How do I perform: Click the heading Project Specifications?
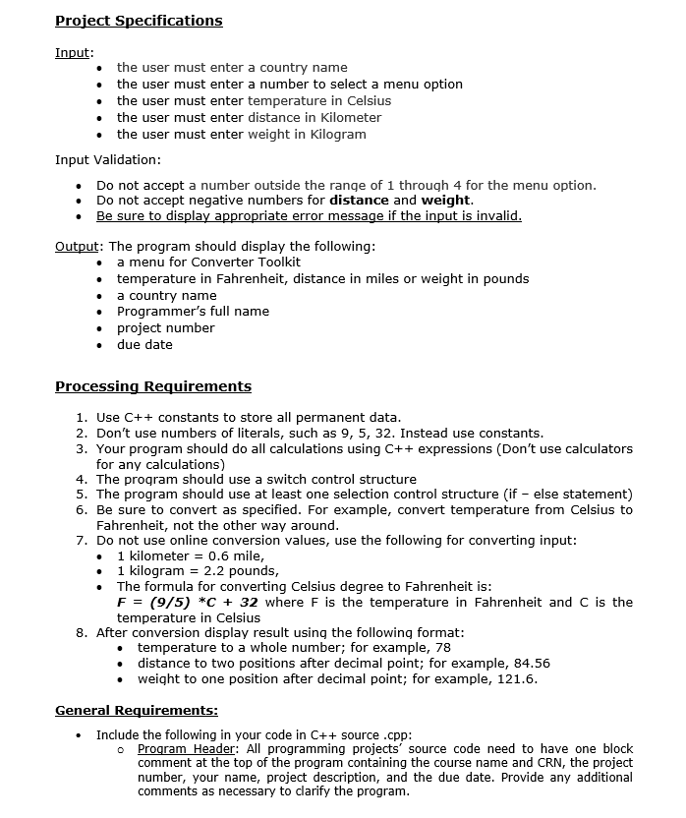click(139, 21)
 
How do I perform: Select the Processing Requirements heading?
click(153, 386)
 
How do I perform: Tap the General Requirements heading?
click(137, 710)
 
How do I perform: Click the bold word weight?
click(446, 201)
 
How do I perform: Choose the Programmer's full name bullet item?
click(193, 312)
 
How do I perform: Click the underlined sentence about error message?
click(309, 216)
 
